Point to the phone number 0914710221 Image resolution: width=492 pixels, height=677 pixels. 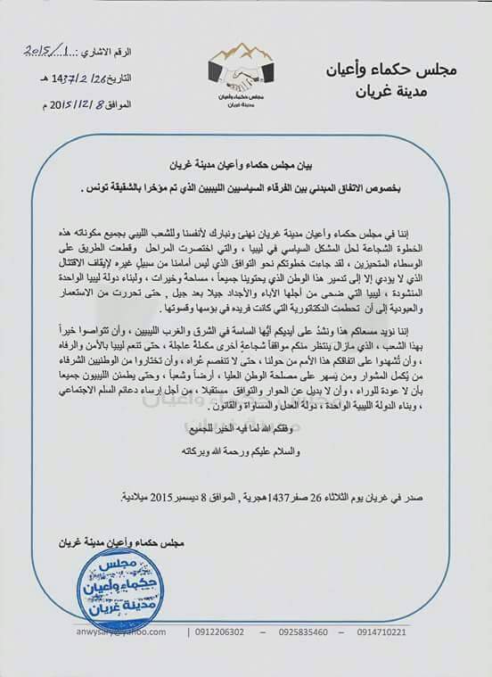[x=425, y=657]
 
